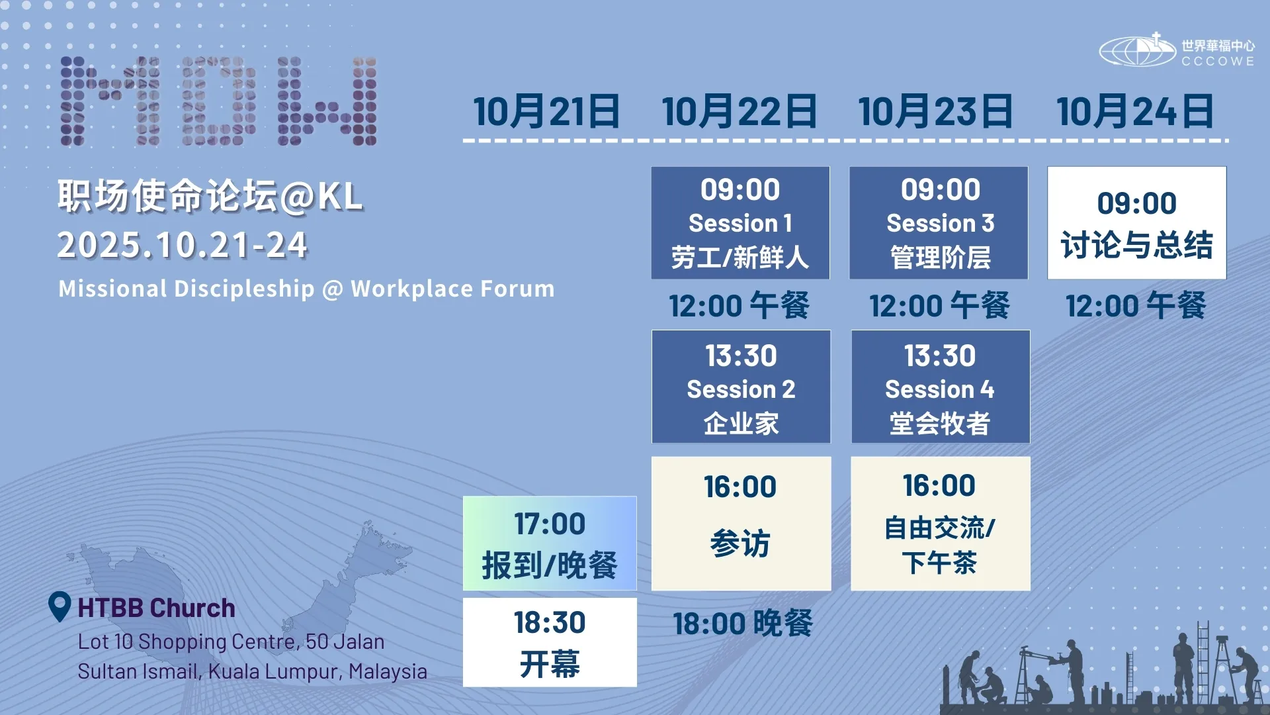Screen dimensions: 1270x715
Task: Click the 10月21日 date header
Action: pyautogui.click(x=546, y=111)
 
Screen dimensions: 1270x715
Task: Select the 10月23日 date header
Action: pyautogui.click(x=935, y=111)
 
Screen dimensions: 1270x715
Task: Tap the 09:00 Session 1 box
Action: pyautogui.click(x=740, y=222)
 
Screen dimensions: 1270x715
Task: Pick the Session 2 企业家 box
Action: pyautogui.click(x=741, y=387)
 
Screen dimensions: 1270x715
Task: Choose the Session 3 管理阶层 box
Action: pyautogui.click(x=939, y=222)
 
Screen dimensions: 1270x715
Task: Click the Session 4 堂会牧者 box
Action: pyautogui.click(x=940, y=387)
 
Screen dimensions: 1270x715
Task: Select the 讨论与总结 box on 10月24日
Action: pyautogui.click(x=1136, y=222)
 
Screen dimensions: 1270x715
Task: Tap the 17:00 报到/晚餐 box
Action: pyautogui.click(x=550, y=544)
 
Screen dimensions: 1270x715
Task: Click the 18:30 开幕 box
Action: pyautogui.click(x=550, y=642)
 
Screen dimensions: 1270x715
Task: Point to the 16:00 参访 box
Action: pyautogui.click(x=741, y=524)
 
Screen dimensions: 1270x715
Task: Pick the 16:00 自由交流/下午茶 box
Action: pyautogui.click(x=940, y=524)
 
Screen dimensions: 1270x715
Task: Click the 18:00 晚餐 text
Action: pyautogui.click(x=743, y=624)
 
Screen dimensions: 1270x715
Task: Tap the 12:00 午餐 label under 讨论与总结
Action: pyautogui.click(x=1136, y=306)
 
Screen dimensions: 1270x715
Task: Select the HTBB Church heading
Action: pyautogui.click(x=156, y=608)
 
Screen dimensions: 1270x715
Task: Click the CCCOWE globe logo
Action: pyautogui.click(x=1138, y=50)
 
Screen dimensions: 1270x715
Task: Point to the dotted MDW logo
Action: pyautogui.click(x=219, y=101)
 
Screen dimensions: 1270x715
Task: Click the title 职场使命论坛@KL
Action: pyautogui.click(x=210, y=196)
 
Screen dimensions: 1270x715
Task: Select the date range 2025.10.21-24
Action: pyautogui.click(x=183, y=246)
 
